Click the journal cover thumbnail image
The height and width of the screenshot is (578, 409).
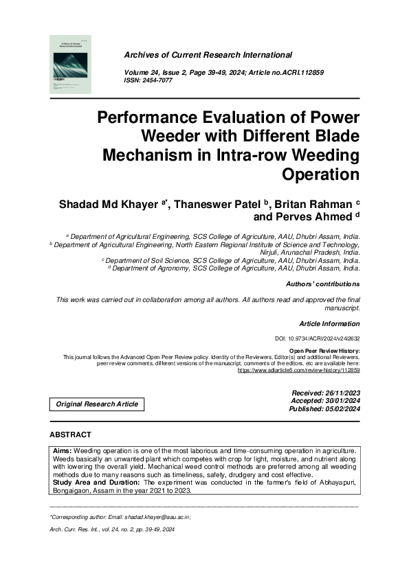pos(71,65)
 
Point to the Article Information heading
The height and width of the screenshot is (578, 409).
pos(329,323)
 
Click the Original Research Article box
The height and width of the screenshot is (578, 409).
pos(97,404)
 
